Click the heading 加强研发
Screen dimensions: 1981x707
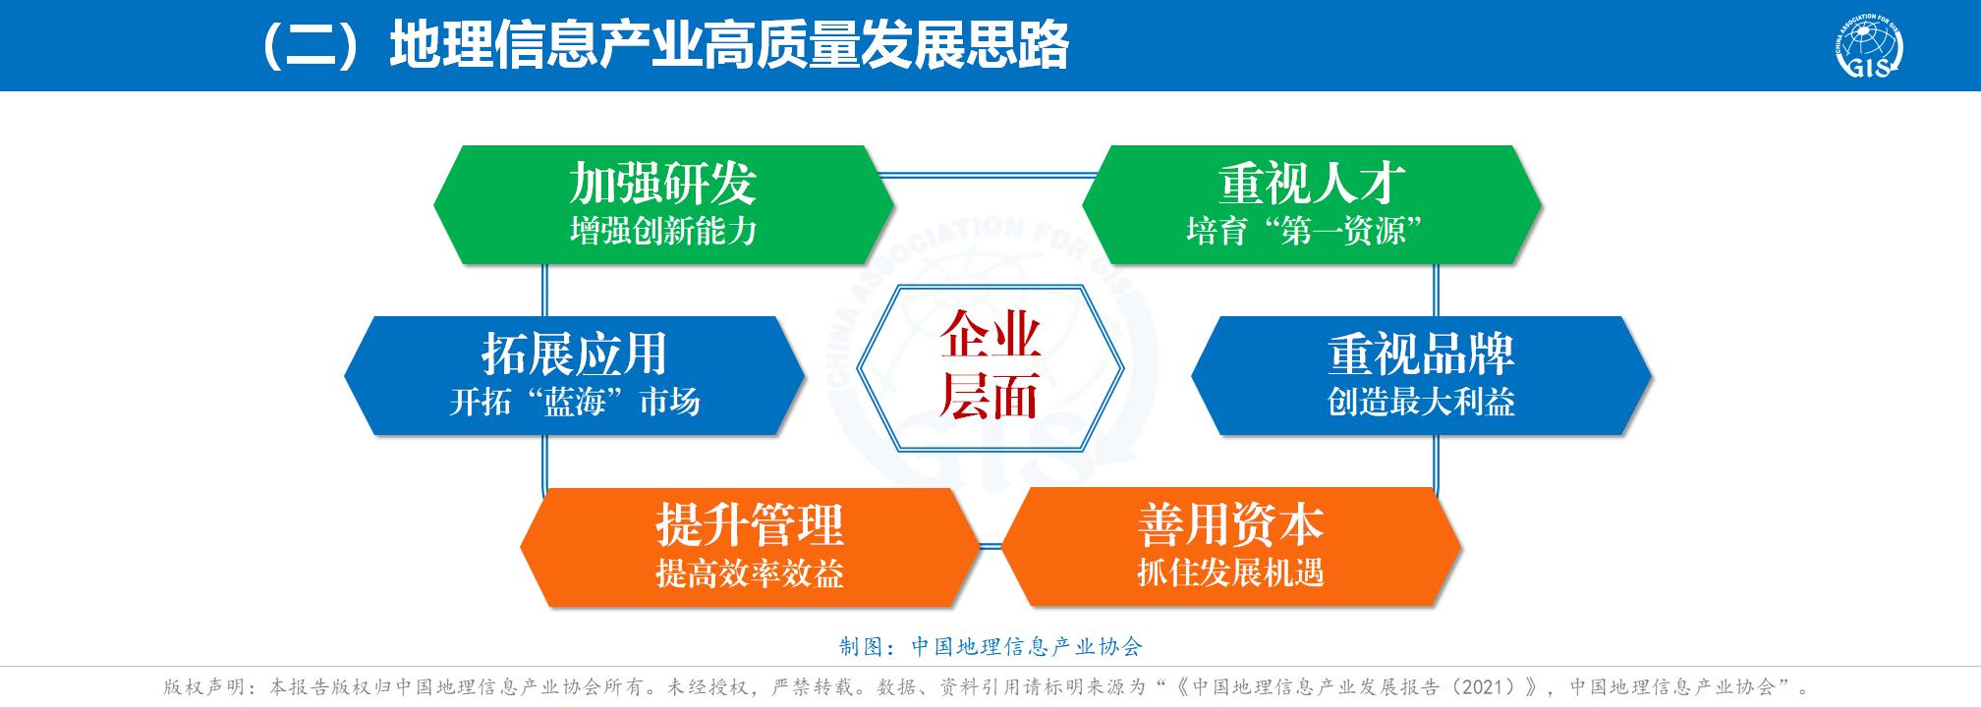662,183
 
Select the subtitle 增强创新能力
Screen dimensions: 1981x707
663,231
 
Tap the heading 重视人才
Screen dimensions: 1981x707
1312,183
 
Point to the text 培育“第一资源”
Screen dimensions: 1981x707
1305,231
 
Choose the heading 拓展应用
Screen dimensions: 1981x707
574,353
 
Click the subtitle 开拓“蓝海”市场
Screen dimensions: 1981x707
574,402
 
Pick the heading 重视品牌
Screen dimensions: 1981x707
1421,353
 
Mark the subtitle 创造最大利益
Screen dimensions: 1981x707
1421,402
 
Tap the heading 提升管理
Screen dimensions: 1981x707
750,525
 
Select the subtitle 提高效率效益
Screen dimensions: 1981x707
750,573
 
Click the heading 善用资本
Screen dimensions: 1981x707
1230,524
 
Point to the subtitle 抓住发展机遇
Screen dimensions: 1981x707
1230,571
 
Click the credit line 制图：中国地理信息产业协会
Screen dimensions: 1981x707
990,646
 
